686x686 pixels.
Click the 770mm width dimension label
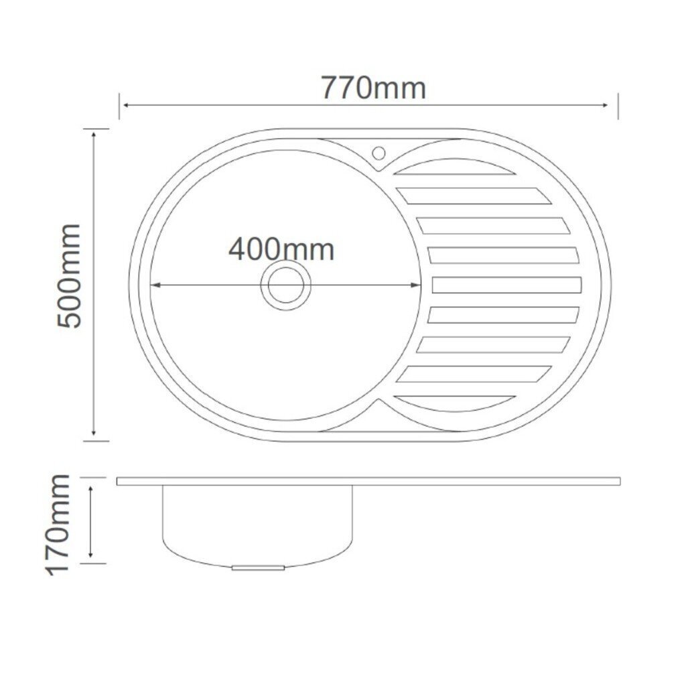(374, 88)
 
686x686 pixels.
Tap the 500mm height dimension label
(69, 276)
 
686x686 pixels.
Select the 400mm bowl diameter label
(281, 249)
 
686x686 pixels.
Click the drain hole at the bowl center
(285, 285)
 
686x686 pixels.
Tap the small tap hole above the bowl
(379, 153)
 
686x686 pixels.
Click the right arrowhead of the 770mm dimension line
(605, 105)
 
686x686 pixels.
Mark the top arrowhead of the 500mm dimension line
(94, 135)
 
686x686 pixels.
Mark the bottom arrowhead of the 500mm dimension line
(94, 432)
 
